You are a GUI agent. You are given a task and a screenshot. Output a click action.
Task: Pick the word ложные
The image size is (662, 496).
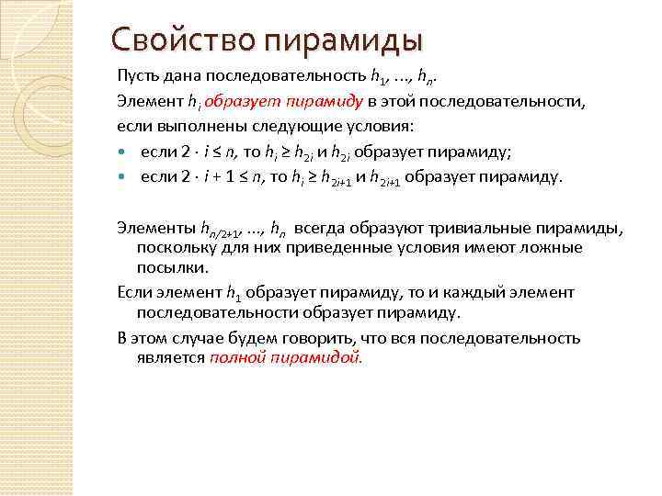click(x=531, y=248)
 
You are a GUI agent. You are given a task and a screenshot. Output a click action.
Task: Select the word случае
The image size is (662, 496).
click(x=205, y=337)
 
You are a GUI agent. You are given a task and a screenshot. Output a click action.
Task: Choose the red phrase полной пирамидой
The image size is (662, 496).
click(x=286, y=357)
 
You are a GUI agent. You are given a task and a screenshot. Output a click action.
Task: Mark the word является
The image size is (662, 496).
click(x=172, y=357)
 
